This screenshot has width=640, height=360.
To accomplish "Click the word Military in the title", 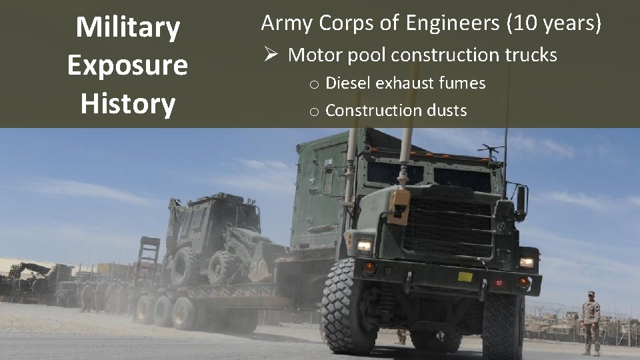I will (x=127, y=28).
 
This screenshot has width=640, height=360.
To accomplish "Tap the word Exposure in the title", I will (x=127, y=66).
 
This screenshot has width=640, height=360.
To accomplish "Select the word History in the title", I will (x=127, y=104).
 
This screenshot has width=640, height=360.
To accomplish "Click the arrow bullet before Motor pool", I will (x=270, y=55).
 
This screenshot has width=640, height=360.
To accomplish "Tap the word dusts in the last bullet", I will (x=446, y=110).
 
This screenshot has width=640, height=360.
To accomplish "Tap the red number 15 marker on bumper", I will (x=498, y=282).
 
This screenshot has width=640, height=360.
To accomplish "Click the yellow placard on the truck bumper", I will (x=465, y=277).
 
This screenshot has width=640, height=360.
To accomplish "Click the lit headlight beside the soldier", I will (x=527, y=262).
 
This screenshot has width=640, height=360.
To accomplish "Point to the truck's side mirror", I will (x=521, y=200).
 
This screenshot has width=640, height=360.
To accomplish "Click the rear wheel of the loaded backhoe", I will (x=183, y=267).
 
